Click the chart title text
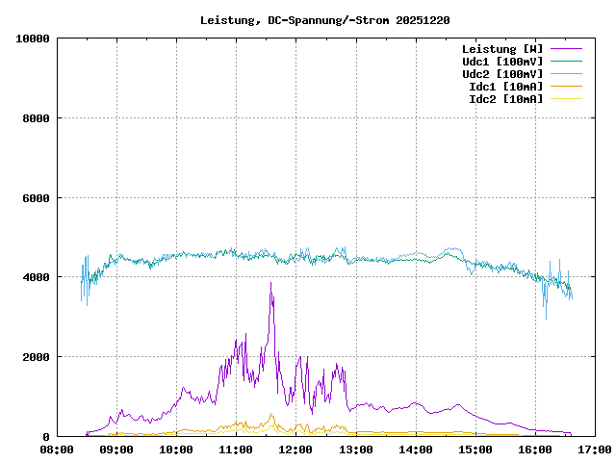324,19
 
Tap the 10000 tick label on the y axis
33,38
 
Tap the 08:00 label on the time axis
57,449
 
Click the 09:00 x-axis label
116,449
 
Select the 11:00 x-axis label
236,449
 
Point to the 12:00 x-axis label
295,449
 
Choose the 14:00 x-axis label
415,449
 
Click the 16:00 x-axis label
534,449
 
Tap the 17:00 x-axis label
594,449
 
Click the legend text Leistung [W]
501,48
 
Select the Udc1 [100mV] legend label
501,61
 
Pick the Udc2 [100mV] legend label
501,73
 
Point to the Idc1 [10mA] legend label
505,86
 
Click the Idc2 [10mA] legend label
505,98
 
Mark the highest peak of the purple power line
270,283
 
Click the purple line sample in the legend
566,48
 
